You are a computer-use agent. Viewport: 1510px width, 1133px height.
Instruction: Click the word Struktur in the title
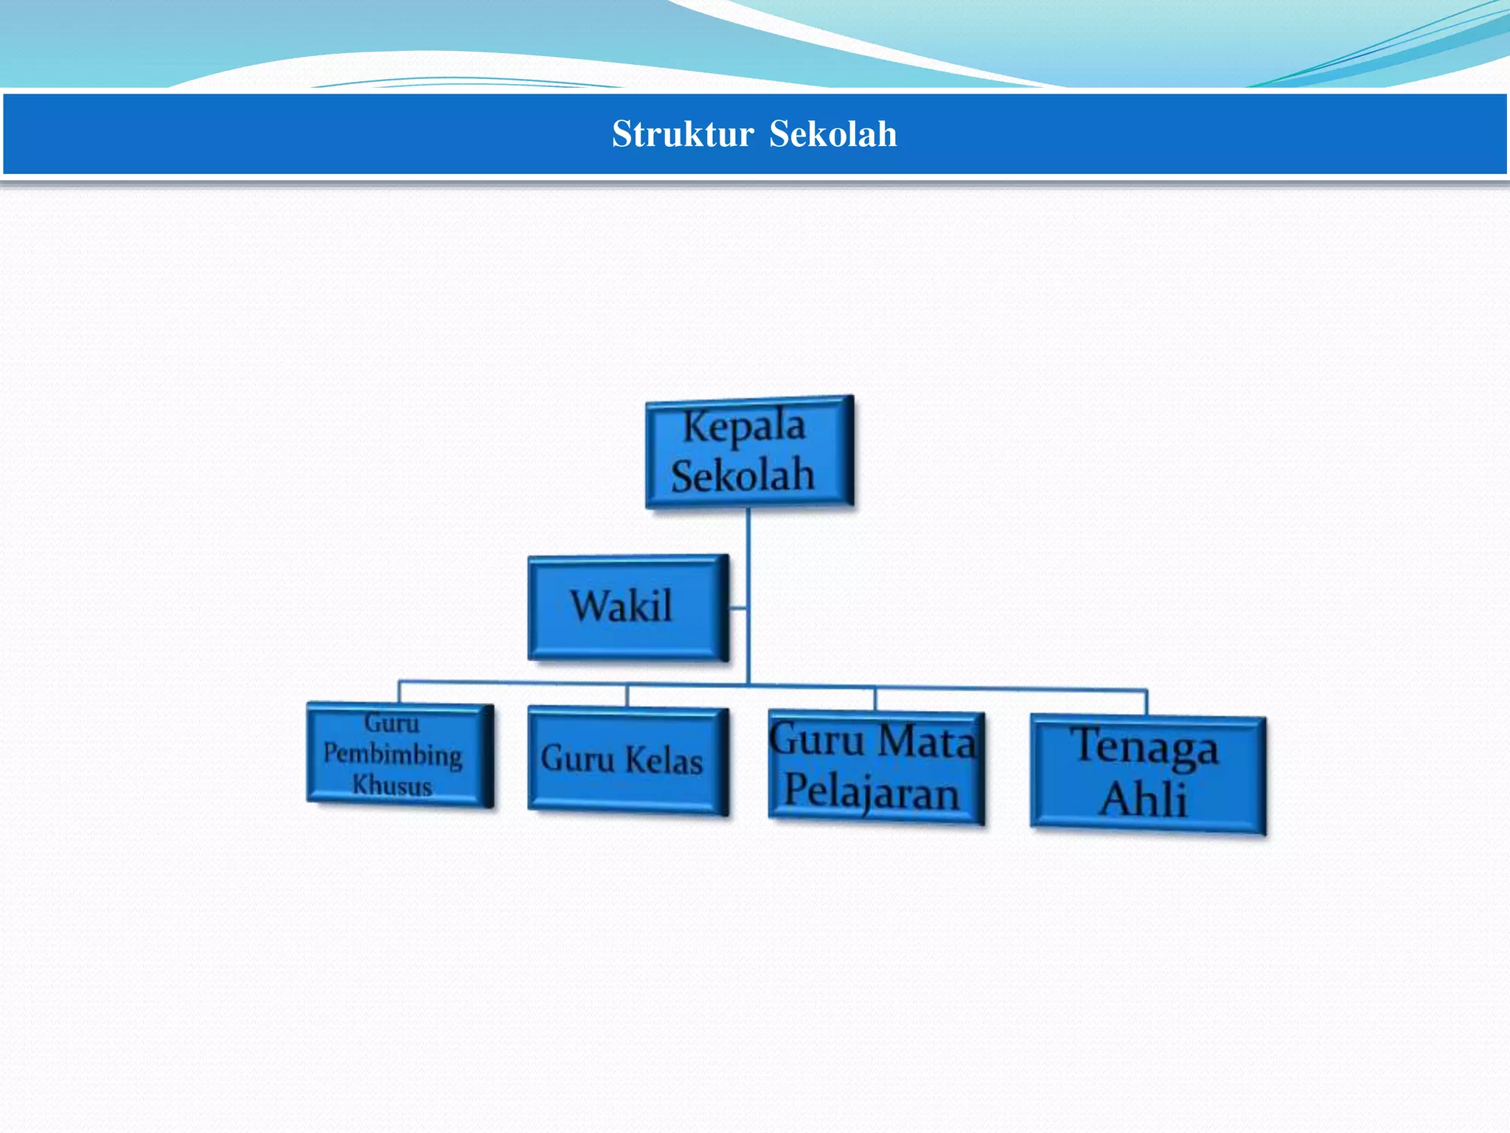click(x=682, y=134)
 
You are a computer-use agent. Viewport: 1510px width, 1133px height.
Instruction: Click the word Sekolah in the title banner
click(x=832, y=134)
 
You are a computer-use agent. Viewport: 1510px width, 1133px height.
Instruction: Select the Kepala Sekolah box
click(x=749, y=451)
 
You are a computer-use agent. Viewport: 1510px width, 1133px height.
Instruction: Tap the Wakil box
click(x=627, y=607)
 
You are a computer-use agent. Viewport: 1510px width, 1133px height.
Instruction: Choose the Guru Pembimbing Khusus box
click(x=400, y=754)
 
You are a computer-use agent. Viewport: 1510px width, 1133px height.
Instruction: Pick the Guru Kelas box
click(x=627, y=760)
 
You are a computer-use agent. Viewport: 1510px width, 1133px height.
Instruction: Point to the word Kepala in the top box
click(x=743, y=426)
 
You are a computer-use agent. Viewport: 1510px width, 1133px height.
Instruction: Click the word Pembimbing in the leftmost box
click(x=393, y=754)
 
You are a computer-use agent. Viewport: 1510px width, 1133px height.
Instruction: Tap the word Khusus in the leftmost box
click(x=392, y=785)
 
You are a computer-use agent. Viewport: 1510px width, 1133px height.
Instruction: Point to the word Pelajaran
click(x=871, y=791)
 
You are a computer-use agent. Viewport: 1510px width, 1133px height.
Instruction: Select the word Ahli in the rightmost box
click(x=1144, y=800)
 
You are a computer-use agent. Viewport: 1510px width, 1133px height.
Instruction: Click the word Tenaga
click(x=1145, y=746)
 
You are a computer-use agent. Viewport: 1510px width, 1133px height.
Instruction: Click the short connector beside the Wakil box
click(x=738, y=609)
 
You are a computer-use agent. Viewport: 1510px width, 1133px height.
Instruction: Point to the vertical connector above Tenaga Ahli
click(x=1147, y=702)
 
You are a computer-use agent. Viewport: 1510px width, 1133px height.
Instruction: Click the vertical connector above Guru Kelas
click(x=627, y=696)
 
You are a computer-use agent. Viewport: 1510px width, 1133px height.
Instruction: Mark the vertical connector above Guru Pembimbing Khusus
click(x=399, y=691)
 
